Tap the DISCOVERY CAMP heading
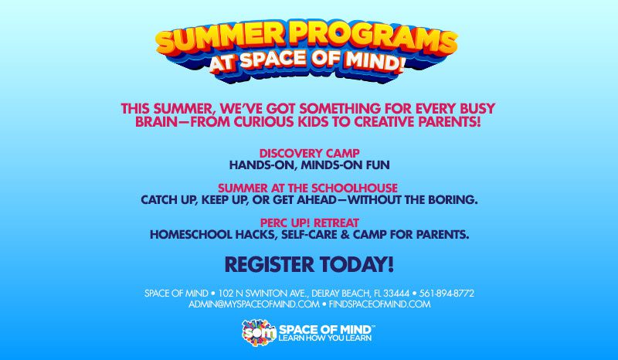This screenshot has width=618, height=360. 309,153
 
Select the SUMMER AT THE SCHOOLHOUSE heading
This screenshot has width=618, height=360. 308,188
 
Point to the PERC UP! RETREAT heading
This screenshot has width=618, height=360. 309,222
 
